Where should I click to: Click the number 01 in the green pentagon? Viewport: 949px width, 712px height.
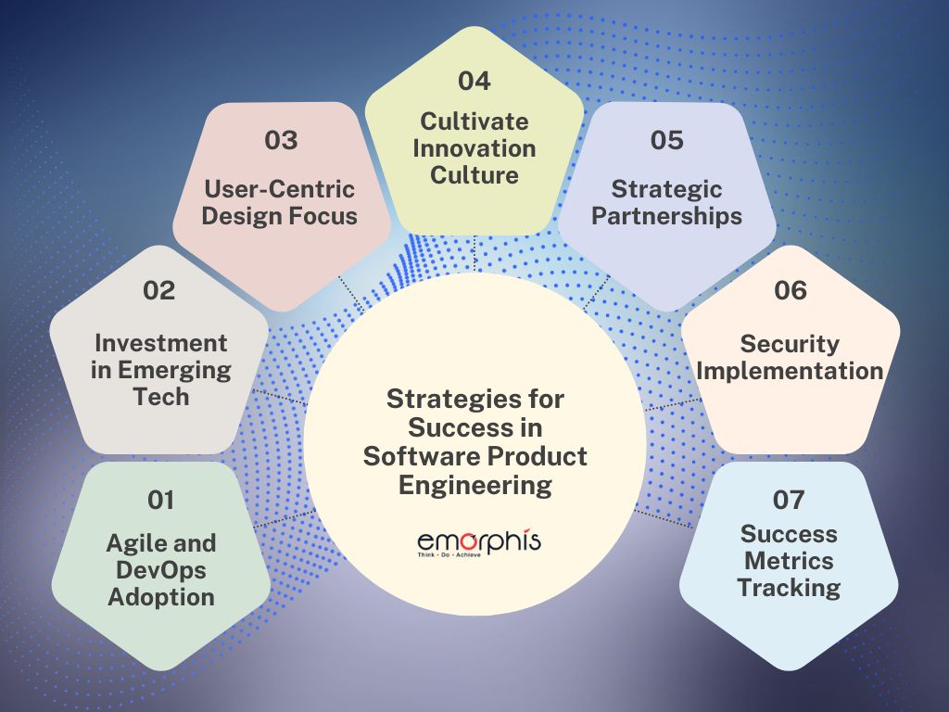click(x=161, y=501)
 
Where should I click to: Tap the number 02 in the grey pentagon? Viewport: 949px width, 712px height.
click(x=158, y=290)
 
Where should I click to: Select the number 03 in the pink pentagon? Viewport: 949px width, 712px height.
click(x=281, y=140)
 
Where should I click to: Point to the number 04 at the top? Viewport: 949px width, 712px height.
click(x=474, y=81)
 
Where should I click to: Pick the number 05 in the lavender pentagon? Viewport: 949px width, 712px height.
click(x=666, y=140)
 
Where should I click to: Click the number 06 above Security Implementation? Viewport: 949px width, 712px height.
click(x=791, y=290)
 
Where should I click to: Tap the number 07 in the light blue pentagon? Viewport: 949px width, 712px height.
click(x=791, y=501)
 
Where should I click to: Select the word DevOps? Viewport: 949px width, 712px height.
click(x=161, y=569)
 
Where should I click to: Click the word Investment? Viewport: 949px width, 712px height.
click(x=160, y=343)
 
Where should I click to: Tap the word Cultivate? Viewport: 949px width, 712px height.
click(x=474, y=121)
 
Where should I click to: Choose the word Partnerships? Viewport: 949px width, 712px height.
click(x=667, y=216)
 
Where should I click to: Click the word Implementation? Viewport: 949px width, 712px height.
click(x=791, y=371)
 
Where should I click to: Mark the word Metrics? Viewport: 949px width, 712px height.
click(x=791, y=561)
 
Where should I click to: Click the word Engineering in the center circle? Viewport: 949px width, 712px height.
click(x=474, y=484)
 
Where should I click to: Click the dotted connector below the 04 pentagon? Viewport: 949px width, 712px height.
click(x=474, y=252)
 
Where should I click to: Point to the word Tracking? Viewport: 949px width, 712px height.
click(x=791, y=588)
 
